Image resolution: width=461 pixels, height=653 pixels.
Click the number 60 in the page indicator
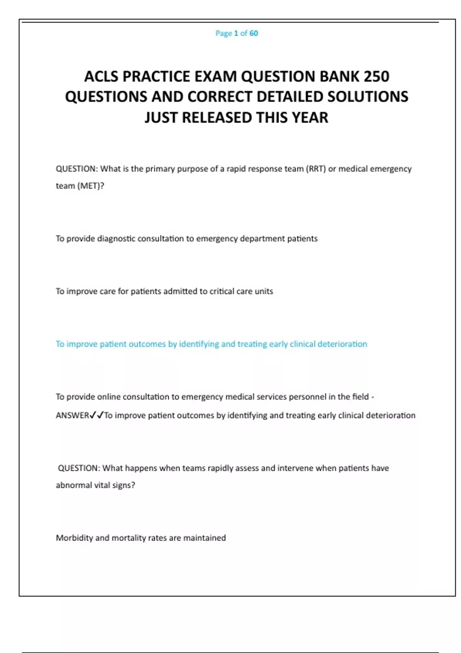(x=254, y=33)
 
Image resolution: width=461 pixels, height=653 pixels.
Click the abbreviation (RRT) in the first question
(x=316, y=169)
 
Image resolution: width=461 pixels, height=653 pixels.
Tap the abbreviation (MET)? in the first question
(x=91, y=186)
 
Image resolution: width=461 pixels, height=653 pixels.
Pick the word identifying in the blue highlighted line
(x=199, y=344)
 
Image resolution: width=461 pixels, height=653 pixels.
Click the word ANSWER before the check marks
(x=72, y=415)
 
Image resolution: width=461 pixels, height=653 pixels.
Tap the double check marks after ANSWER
(x=96, y=415)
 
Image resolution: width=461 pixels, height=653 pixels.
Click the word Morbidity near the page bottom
(x=74, y=538)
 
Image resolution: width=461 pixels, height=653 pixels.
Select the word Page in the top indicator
(x=224, y=33)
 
